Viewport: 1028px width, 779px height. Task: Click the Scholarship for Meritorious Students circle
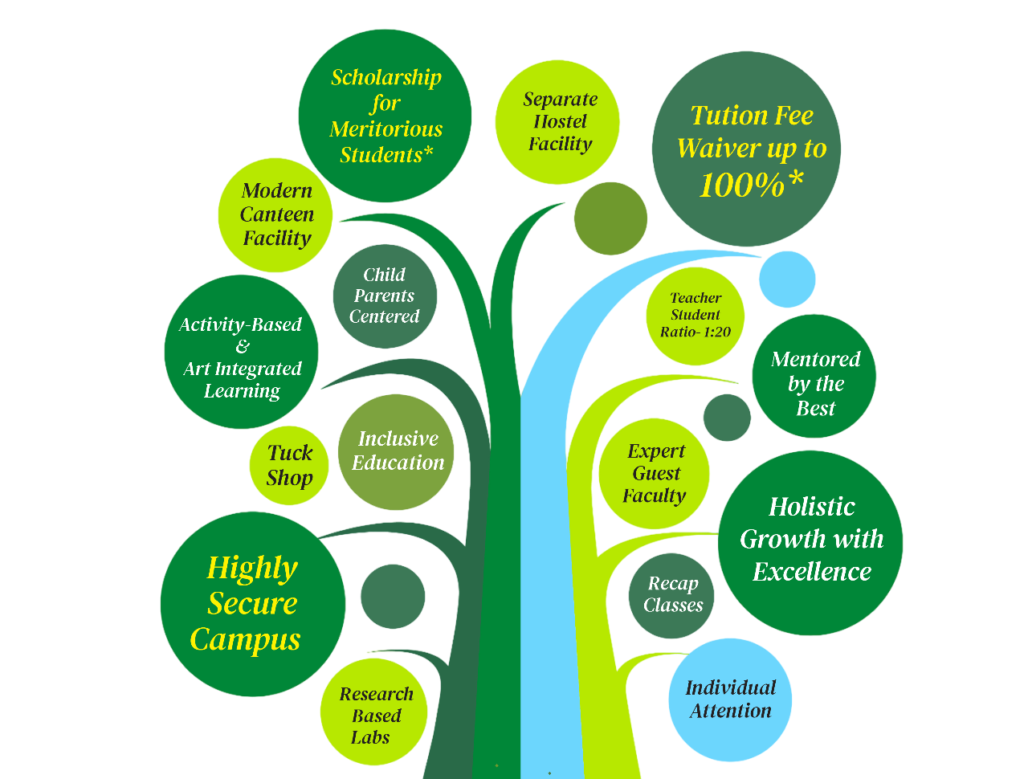[385, 116]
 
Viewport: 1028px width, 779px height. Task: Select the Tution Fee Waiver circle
[746, 149]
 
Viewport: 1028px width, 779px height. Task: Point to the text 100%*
[751, 186]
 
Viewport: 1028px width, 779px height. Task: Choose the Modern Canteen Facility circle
[276, 214]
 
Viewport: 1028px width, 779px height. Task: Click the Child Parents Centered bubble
[385, 296]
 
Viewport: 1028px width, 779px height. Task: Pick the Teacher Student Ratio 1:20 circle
[696, 315]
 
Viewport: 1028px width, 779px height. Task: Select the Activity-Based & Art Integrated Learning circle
[241, 353]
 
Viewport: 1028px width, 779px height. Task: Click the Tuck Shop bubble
[289, 466]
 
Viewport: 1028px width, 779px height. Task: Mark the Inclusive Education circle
[397, 451]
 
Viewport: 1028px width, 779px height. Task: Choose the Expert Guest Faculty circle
[655, 474]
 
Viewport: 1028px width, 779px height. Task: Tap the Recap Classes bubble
[671, 595]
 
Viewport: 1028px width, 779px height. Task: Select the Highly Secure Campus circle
[252, 604]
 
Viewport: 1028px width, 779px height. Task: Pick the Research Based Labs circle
[373, 714]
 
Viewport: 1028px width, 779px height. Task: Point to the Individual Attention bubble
[730, 699]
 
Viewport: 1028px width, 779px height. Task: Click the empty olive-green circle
[610, 218]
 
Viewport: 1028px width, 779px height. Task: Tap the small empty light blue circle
[787, 279]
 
